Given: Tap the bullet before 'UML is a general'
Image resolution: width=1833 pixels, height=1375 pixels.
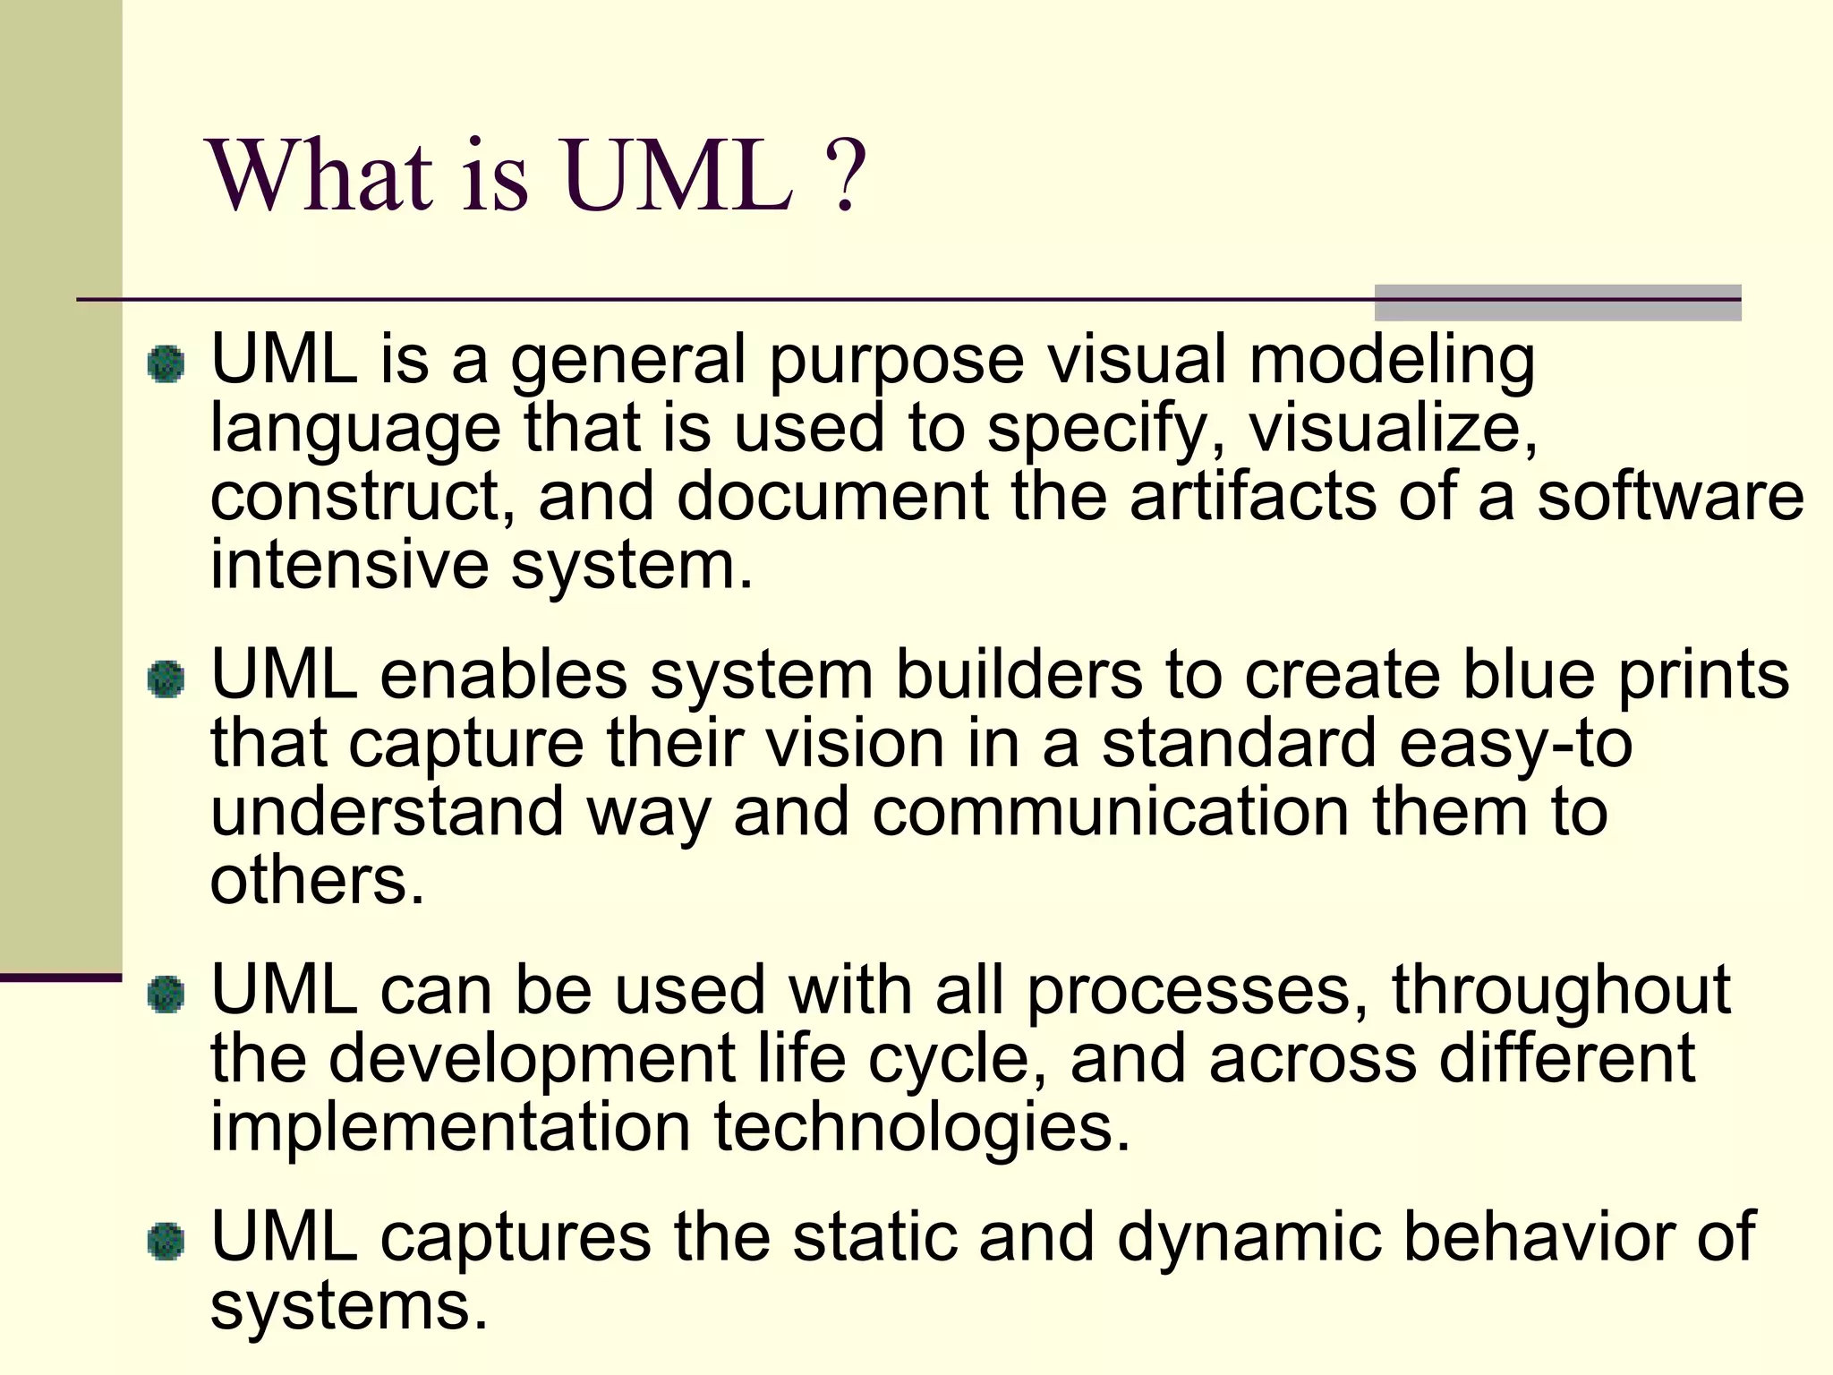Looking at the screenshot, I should pos(166,364).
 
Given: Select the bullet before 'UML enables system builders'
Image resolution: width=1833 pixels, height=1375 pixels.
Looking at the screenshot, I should pos(166,679).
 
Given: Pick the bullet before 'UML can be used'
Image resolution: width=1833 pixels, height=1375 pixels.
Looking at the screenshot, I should pos(166,995).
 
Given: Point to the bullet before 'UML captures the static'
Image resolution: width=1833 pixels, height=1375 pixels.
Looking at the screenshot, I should pos(166,1242).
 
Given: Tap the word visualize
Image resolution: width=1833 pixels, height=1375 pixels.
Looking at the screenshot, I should pos(1393,428).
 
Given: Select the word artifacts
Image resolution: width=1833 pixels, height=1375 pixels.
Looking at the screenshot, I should pos(1252,497).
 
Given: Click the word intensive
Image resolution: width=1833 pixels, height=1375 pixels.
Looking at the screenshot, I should pos(349,565).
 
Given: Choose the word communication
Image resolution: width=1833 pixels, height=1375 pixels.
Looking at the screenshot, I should pos(1110,812).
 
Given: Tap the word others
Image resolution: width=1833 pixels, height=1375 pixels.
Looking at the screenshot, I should pos(316,881).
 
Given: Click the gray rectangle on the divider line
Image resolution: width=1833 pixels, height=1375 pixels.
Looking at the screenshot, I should pos(1557,303).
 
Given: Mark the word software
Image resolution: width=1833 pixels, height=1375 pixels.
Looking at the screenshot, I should pos(1670,497).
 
